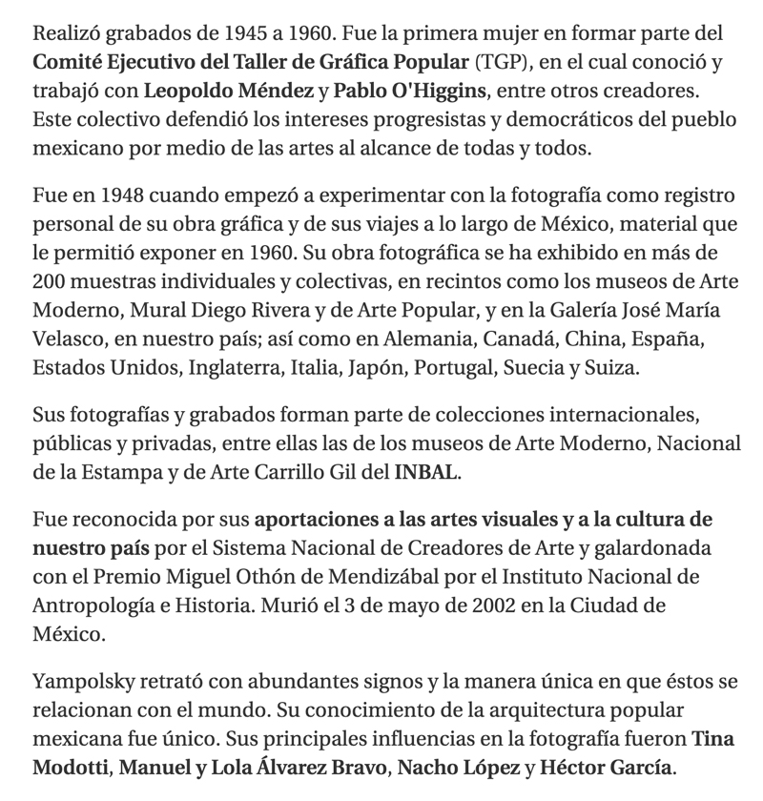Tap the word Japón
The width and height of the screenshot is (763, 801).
(x=391, y=367)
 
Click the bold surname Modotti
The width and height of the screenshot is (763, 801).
(x=71, y=766)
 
